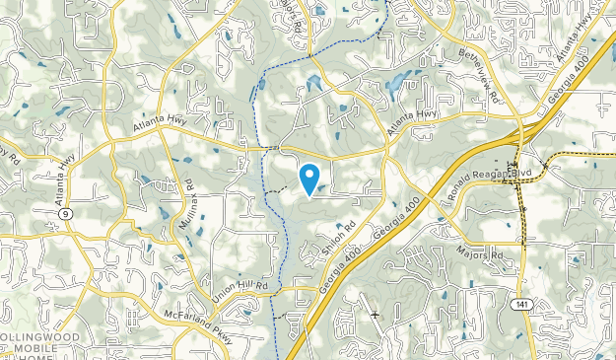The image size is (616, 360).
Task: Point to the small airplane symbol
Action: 375,314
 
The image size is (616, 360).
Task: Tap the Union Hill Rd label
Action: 240,285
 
